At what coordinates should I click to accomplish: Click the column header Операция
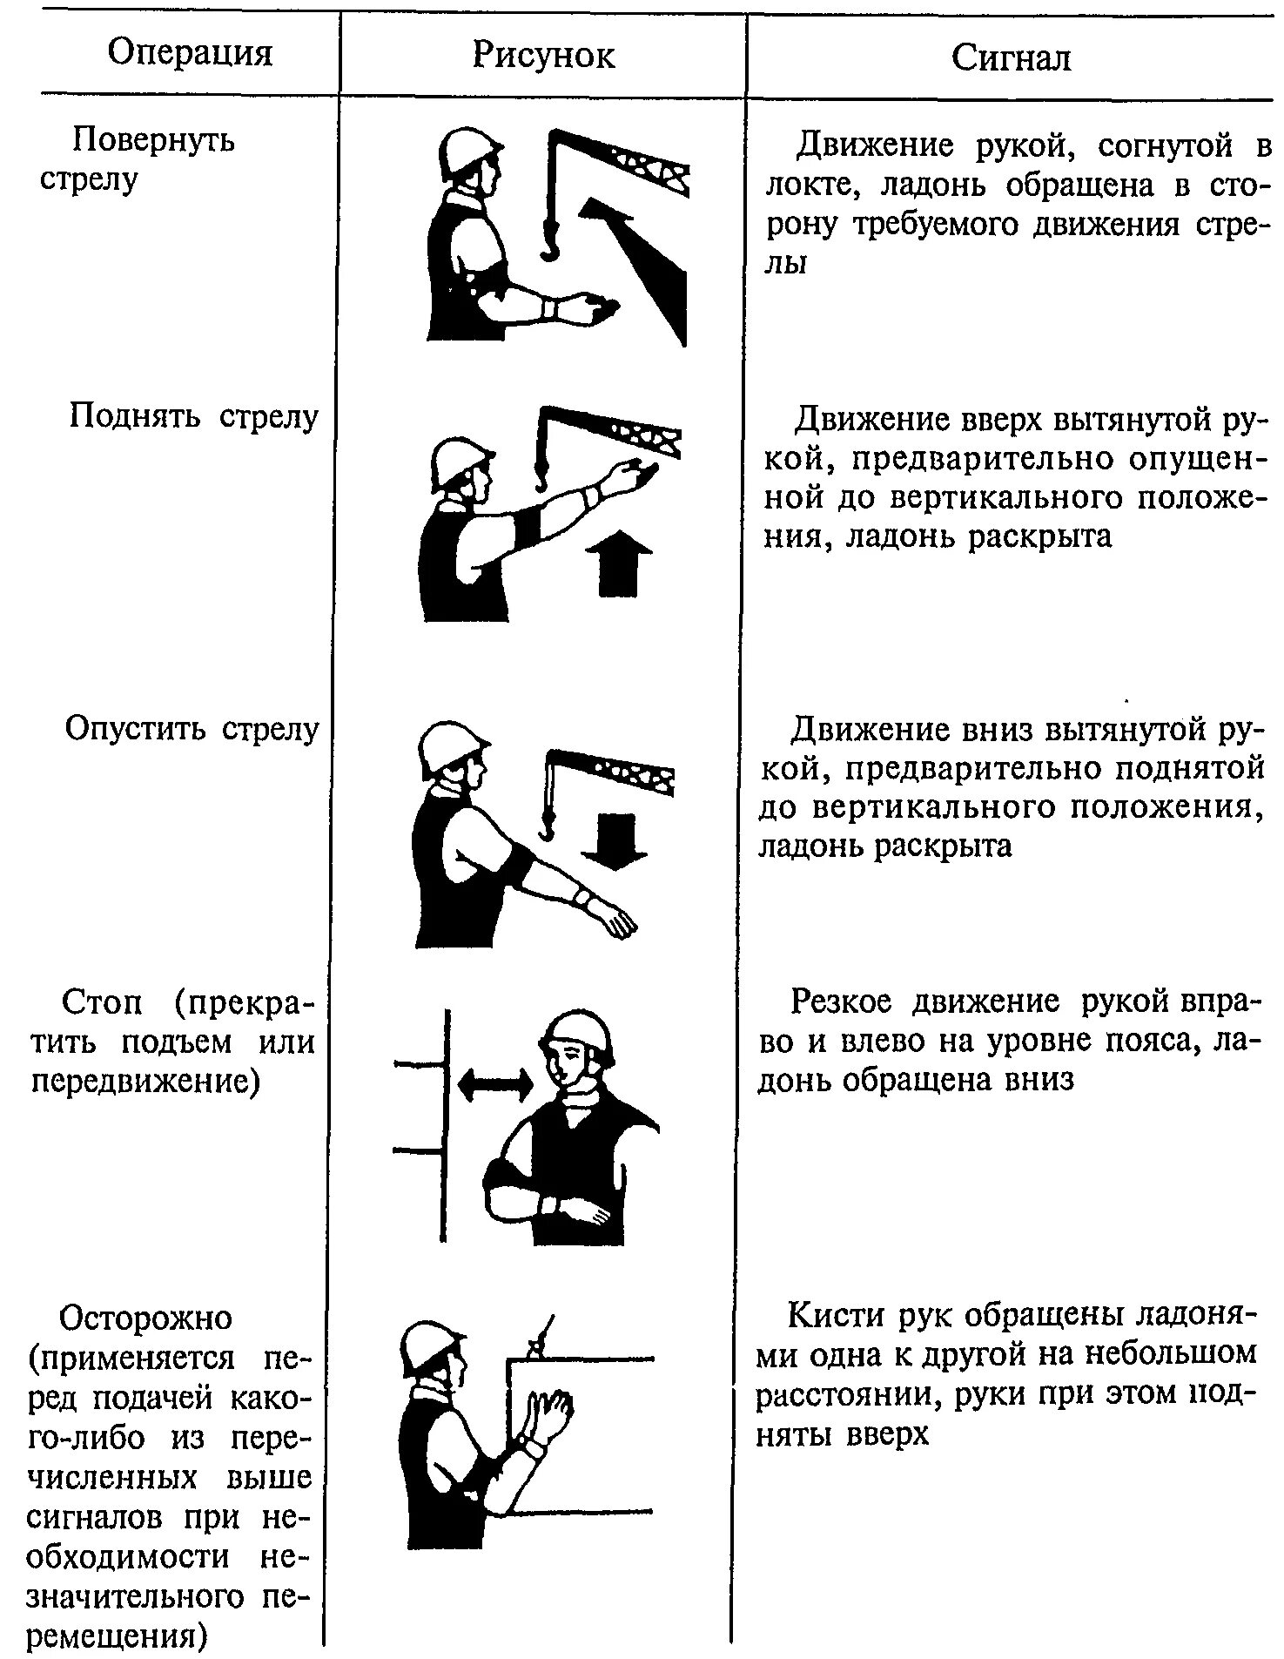pyautogui.click(x=190, y=54)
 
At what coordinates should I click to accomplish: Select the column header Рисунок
pyautogui.click(x=543, y=56)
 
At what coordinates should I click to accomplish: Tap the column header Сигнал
pyautogui.click(x=1011, y=57)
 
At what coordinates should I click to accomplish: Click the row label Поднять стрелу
pyautogui.click(x=193, y=417)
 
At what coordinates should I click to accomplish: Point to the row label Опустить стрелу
pyautogui.click(x=192, y=729)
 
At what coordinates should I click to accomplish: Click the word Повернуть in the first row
pyautogui.click(x=153, y=139)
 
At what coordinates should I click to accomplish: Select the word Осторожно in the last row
pyautogui.click(x=145, y=1318)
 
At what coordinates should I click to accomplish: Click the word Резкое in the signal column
pyautogui.click(x=841, y=1002)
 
